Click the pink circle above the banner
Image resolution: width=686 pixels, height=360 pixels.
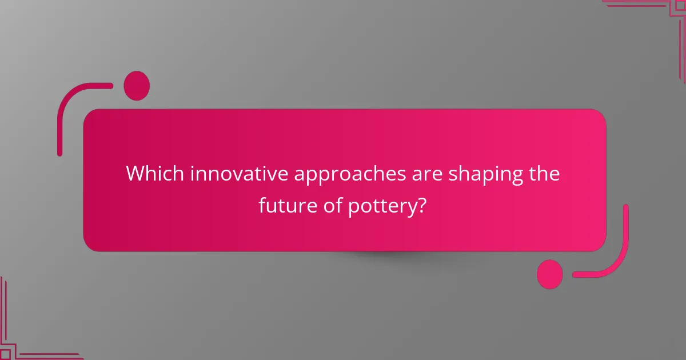point(137,86)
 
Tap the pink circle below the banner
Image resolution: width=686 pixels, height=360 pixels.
point(549,274)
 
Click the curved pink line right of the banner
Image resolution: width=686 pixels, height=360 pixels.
point(621,251)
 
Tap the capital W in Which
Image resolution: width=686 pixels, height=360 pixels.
point(135,174)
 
